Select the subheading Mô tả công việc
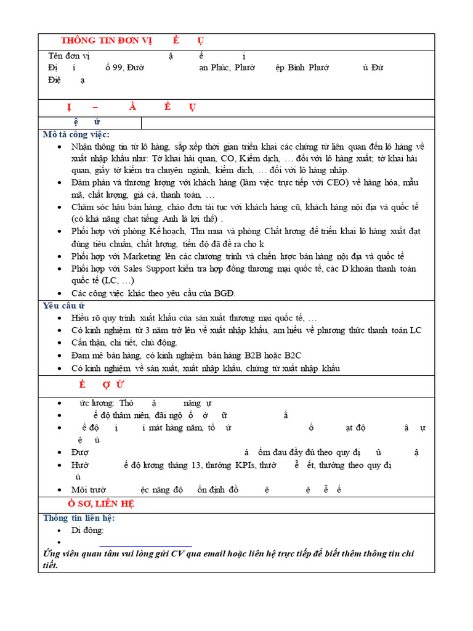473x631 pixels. pos(76,134)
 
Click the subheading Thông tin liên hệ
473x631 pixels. pos(79,518)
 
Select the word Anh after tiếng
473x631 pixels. pos(171,219)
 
